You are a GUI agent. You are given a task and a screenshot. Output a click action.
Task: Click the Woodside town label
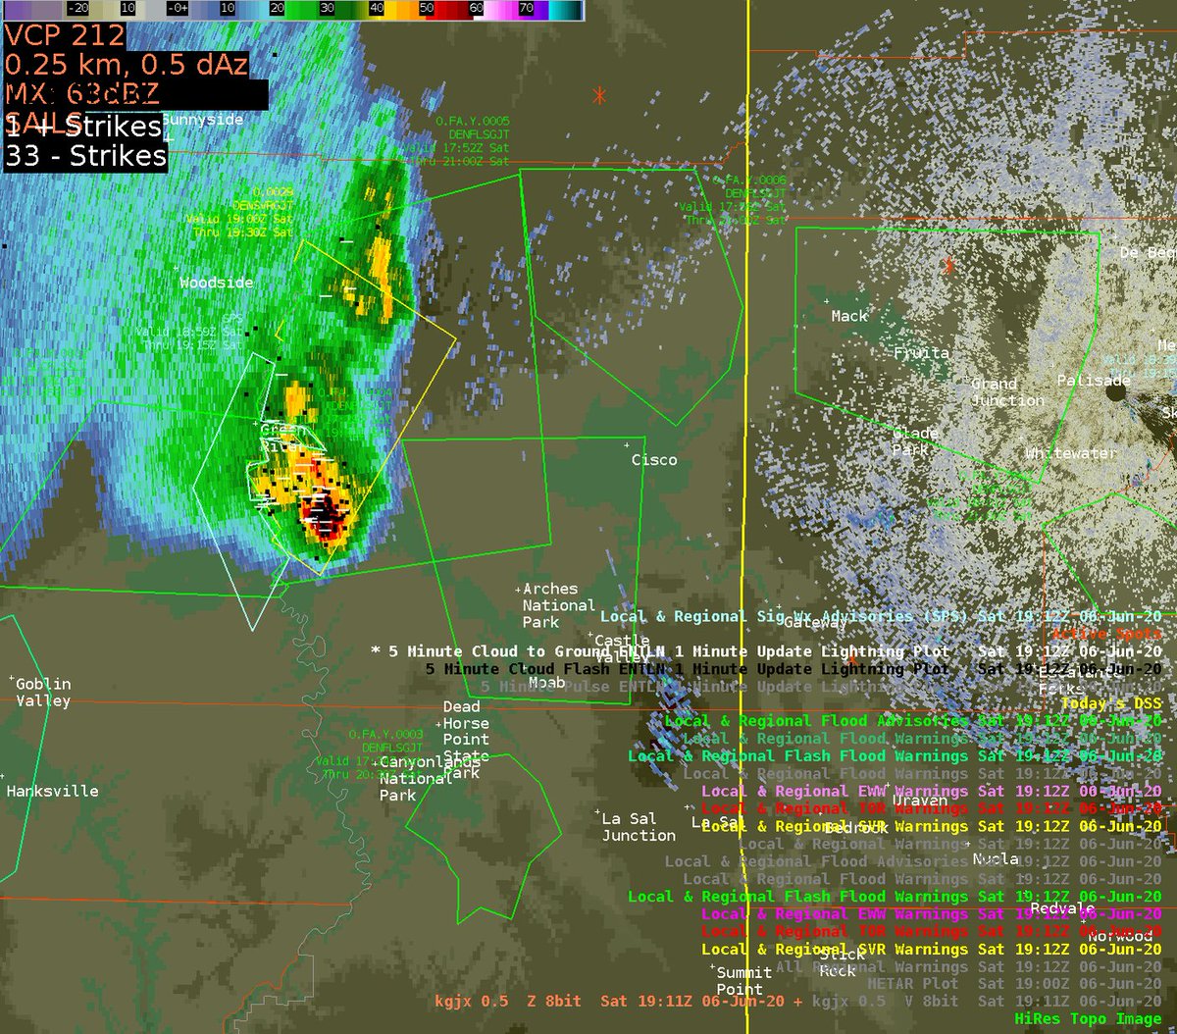[216, 283]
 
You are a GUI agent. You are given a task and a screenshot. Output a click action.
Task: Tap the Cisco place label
[653, 459]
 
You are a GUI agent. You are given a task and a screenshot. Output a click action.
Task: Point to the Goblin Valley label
[43, 692]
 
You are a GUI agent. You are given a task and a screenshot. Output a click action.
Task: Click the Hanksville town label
[52, 791]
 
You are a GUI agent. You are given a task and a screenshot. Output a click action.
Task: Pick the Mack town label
[848, 315]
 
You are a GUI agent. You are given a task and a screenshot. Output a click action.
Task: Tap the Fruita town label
[921, 352]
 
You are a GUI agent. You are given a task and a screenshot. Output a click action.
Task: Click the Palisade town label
[1094, 380]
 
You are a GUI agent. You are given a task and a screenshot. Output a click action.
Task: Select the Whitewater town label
[1070, 453]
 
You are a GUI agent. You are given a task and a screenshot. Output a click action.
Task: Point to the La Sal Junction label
[639, 826]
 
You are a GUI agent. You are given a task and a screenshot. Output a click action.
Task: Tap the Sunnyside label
[202, 120]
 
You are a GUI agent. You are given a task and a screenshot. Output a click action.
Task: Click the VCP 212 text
[65, 36]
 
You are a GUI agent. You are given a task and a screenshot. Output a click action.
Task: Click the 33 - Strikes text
[86, 156]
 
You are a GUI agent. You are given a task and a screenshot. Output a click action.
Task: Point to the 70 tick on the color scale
[526, 6]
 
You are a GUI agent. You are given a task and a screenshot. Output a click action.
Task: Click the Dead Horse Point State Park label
[465, 740]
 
